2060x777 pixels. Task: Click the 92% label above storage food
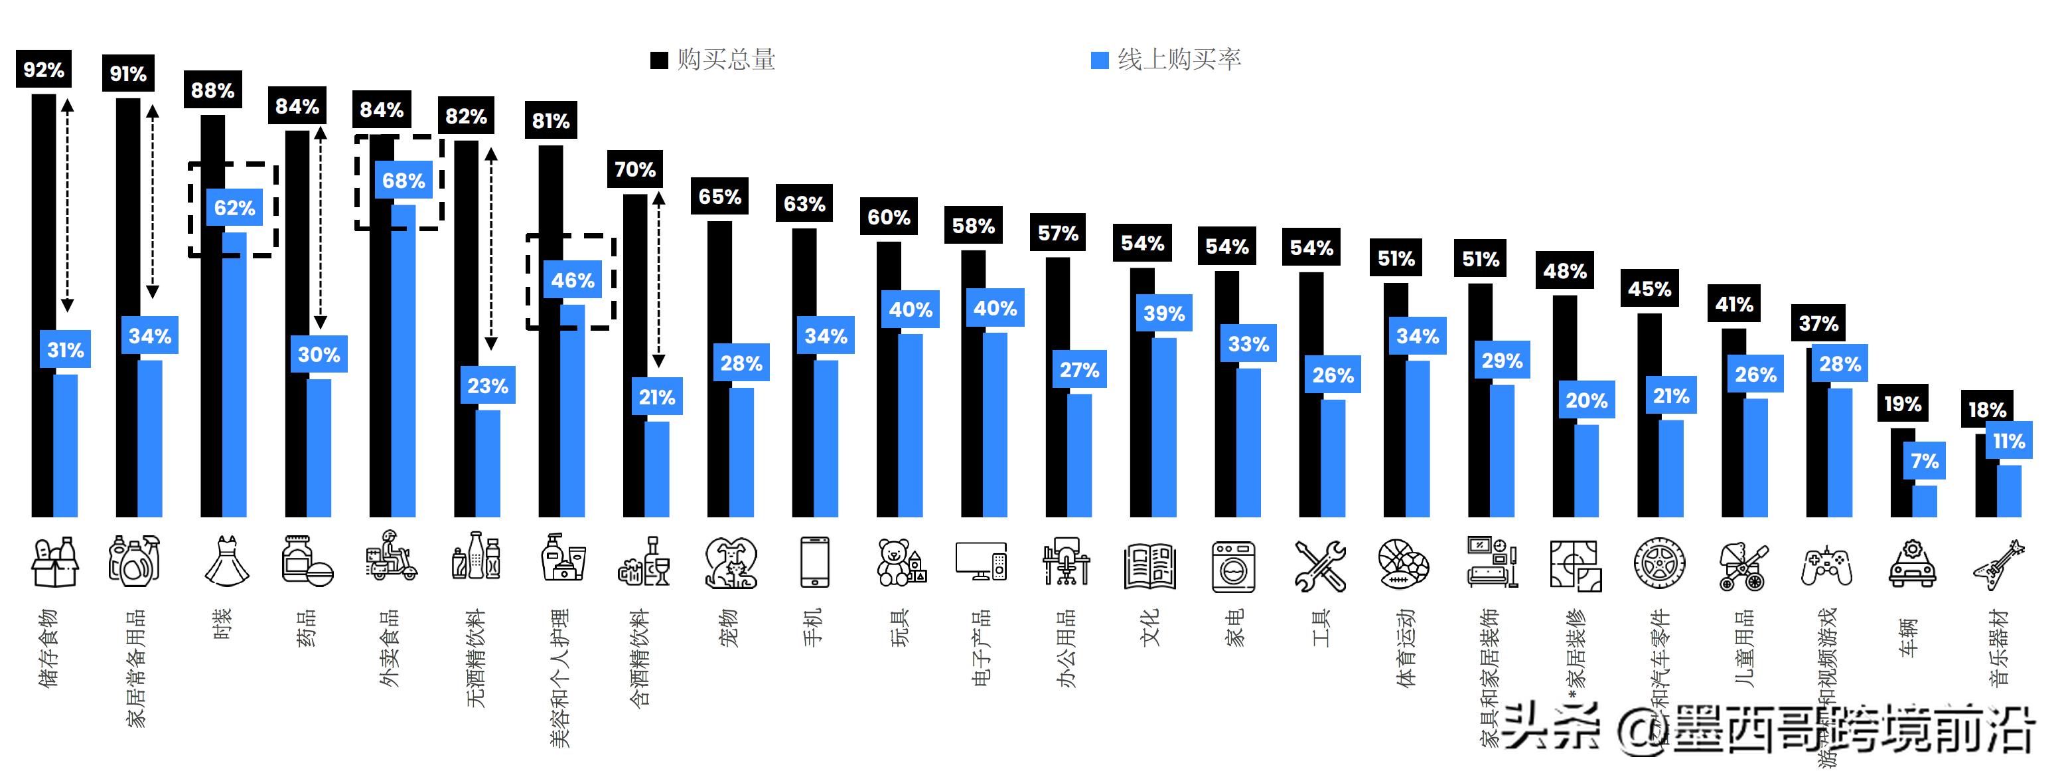click(x=43, y=70)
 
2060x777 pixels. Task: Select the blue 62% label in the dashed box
click(x=234, y=208)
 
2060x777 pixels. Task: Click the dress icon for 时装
click(x=226, y=562)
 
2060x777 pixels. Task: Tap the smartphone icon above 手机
click(x=814, y=562)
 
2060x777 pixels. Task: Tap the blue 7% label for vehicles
click(x=1924, y=461)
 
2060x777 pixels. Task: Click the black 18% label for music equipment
click(x=1986, y=410)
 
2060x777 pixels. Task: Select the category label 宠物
click(x=729, y=628)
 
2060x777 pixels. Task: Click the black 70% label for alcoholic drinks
click(x=635, y=169)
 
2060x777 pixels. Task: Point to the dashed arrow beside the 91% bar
click(x=153, y=200)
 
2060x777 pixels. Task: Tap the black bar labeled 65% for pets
click(x=718, y=368)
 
